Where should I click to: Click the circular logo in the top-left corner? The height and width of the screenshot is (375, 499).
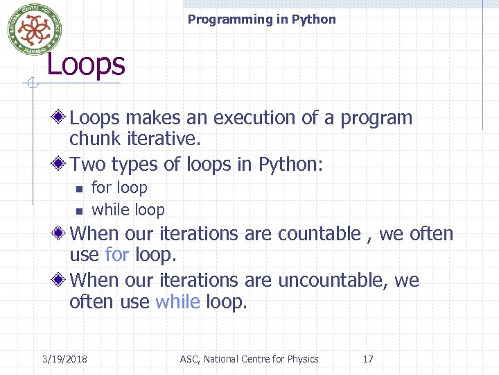(30, 28)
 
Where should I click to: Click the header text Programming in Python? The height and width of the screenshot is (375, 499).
(261, 19)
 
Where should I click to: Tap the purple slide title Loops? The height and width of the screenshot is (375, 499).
(85, 65)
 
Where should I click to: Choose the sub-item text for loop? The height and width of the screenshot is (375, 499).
(119, 187)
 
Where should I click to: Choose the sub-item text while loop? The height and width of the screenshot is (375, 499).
(128, 210)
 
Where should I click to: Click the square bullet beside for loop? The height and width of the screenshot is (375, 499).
(79, 189)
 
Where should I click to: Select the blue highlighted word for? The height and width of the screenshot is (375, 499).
(116, 255)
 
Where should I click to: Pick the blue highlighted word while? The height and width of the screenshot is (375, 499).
(178, 302)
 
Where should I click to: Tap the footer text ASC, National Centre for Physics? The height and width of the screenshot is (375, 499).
(249, 359)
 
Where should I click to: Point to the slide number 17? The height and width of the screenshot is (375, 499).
(368, 359)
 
